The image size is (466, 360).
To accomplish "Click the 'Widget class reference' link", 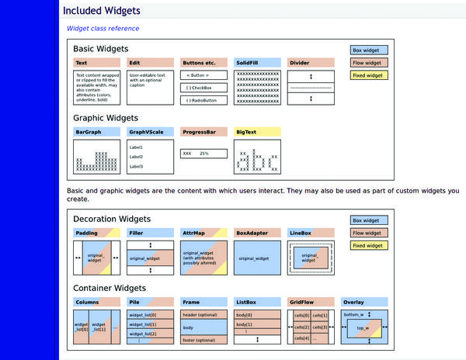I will click(x=103, y=29).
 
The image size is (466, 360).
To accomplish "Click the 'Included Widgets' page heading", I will click(x=102, y=11).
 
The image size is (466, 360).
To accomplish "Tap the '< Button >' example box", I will click(x=204, y=76).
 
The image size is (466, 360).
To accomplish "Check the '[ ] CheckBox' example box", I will click(x=204, y=88).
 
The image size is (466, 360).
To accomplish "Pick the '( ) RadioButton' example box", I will click(x=204, y=100).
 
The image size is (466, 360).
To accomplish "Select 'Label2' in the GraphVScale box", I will click(x=136, y=157).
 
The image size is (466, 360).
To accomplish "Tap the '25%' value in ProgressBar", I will click(x=204, y=154).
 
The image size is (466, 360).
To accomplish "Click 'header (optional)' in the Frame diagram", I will click(x=199, y=315).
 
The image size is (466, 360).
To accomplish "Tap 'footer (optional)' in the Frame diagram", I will click(x=199, y=341).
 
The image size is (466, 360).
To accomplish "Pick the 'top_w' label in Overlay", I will click(x=362, y=328).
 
